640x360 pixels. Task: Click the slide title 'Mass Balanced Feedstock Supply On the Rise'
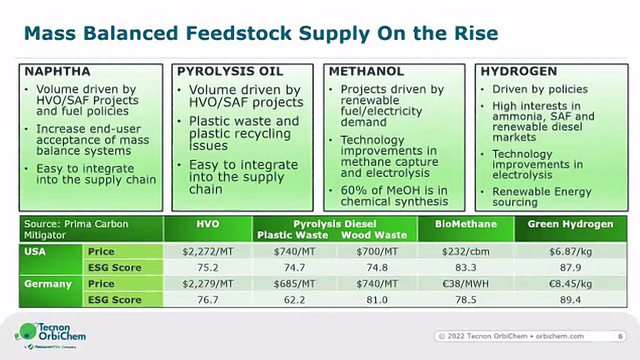click(x=261, y=33)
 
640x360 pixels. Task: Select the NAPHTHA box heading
click(x=55, y=71)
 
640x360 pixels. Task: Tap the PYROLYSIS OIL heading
click(x=230, y=71)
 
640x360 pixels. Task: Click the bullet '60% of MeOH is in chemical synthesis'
click(x=394, y=196)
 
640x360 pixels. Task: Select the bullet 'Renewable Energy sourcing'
click(x=541, y=197)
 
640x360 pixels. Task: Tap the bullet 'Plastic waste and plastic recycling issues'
click(x=243, y=133)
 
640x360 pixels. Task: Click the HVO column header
click(x=207, y=225)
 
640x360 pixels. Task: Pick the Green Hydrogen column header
click(x=570, y=225)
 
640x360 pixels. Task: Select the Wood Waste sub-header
click(x=373, y=235)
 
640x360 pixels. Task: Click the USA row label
click(x=35, y=251)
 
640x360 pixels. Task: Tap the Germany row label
click(x=47, y=284)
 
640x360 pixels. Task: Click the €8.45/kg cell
click(x=570, y=284)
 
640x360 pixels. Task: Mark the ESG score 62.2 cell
click(x=294, y=300)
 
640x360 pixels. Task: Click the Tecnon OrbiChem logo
click(x=50, y=334)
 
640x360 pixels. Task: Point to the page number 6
click(x=620, y=336)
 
